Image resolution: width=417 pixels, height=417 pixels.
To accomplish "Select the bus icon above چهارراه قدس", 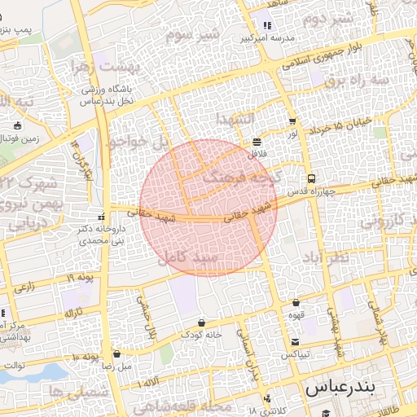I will click(310, 179).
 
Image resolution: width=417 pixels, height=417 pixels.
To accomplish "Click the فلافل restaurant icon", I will click(257, 140).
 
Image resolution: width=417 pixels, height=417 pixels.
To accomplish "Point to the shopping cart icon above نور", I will click(292, 121).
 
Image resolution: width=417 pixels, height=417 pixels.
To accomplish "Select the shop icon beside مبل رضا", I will click(117, 354).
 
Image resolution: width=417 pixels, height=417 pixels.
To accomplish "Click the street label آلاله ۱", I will click(151, 382).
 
